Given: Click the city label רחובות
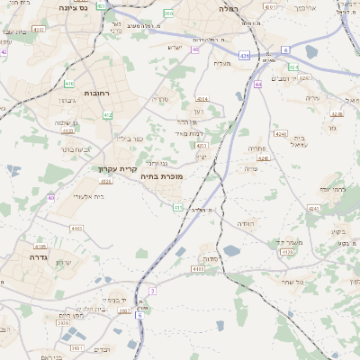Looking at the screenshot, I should (96, 93).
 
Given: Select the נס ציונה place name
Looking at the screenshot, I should (71, 6).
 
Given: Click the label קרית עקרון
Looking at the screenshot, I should (119, 167).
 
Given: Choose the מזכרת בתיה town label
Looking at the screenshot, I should (161, 176).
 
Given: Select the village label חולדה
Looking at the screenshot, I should (246, 222).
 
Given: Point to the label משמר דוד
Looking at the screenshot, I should (291, 241).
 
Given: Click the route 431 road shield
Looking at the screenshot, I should (245, 56).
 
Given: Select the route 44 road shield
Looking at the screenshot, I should (257, 84).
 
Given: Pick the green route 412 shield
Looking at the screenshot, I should (108, 115).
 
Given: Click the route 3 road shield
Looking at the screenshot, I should (153, 291).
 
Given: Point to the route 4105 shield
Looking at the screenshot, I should (197, 267).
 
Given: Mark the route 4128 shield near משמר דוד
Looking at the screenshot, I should (287, 252).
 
